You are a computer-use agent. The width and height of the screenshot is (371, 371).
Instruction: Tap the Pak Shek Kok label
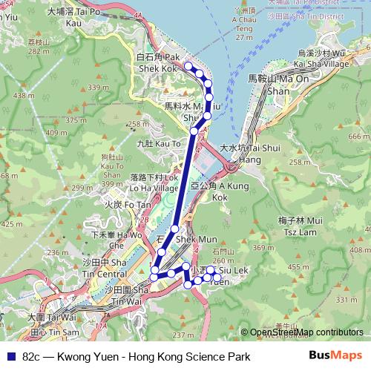[159, 63]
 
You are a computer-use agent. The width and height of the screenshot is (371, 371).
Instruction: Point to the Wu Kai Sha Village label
[321, 59]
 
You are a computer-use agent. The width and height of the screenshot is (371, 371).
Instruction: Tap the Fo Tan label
[123, 203]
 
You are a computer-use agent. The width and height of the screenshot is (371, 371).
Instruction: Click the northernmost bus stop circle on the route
[189, 67]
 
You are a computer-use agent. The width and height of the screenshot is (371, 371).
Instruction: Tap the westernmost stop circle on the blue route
[154, 277]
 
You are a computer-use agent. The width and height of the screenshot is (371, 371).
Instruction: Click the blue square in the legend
[10, 356]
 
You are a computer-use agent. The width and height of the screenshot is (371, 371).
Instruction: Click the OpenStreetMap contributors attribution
[306, 332]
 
